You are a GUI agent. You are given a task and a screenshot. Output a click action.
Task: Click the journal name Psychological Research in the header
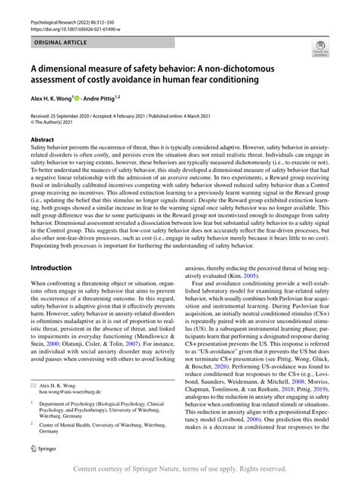coord(54,6)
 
